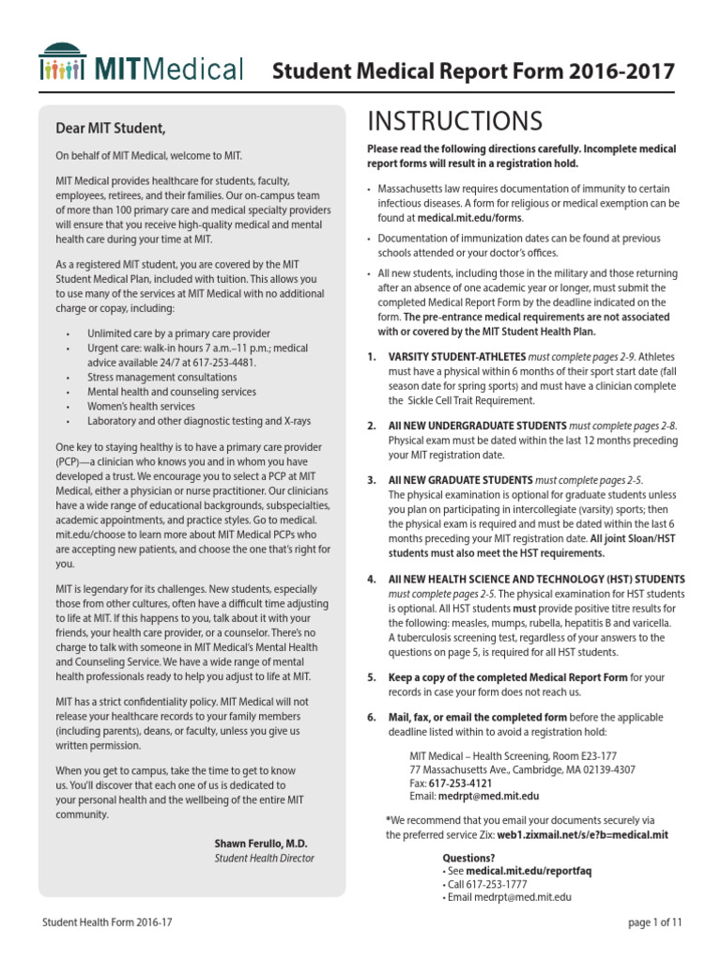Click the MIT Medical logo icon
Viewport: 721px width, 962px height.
point(65,64)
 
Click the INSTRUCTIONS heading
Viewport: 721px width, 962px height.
point(454,121)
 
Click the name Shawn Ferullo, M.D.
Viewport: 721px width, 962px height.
point(264,843)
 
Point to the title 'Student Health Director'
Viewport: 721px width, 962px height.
point(264,858)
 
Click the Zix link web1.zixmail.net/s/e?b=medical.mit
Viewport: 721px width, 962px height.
point(583,833)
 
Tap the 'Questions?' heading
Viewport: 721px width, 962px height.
point(468,858)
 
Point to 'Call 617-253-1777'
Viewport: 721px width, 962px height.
point(487,884)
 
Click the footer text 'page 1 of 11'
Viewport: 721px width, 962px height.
point(654,923)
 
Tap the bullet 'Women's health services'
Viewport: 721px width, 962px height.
point(141,406)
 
